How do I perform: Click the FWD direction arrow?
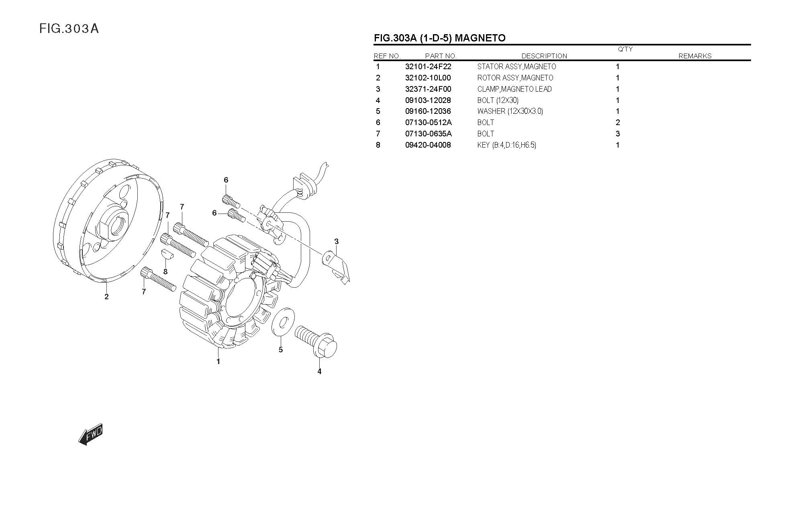click(90, 434)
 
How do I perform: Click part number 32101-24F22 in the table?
click(428, 67)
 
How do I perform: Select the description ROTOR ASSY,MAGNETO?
click(515, 78)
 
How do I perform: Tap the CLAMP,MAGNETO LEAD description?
click(514, 89)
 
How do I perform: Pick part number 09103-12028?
click(428, 101)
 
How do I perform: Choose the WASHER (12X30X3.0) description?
click(510, 111)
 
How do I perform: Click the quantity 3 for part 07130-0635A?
click(618, 134)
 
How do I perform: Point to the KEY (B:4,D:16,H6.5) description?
click(506, 145)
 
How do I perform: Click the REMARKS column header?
click(695, 56)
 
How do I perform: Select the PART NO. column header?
click(441, 56)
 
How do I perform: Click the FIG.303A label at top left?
click(69, 29)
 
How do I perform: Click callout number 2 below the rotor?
click(106, 297)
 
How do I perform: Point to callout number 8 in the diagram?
click(165, 272)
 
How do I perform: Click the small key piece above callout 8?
click(167, 253)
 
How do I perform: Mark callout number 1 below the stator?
click(218, 361)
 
